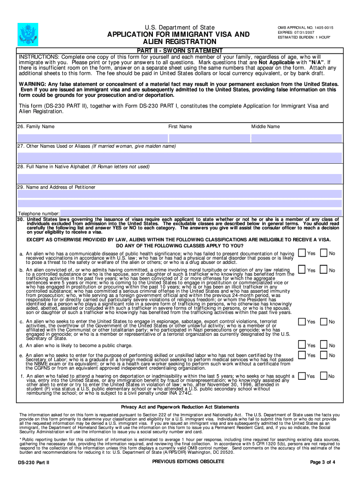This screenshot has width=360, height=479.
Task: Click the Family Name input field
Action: pos(92,138)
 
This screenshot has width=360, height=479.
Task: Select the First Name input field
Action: pos(209,138)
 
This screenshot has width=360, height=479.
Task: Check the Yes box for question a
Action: pos(302,253)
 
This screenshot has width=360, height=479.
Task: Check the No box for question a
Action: pos(323,253)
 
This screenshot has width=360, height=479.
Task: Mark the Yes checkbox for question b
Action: pos(302,270)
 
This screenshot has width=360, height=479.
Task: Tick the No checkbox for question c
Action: pos(323,321)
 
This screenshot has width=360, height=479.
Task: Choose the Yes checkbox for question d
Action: pos(302,345)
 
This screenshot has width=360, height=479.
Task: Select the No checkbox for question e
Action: pos(323,355)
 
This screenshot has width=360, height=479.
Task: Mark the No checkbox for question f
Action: pos(323,376)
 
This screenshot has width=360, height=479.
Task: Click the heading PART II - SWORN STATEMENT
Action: pos(180,51)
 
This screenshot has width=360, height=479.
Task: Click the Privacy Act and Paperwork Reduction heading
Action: pos(180,407)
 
